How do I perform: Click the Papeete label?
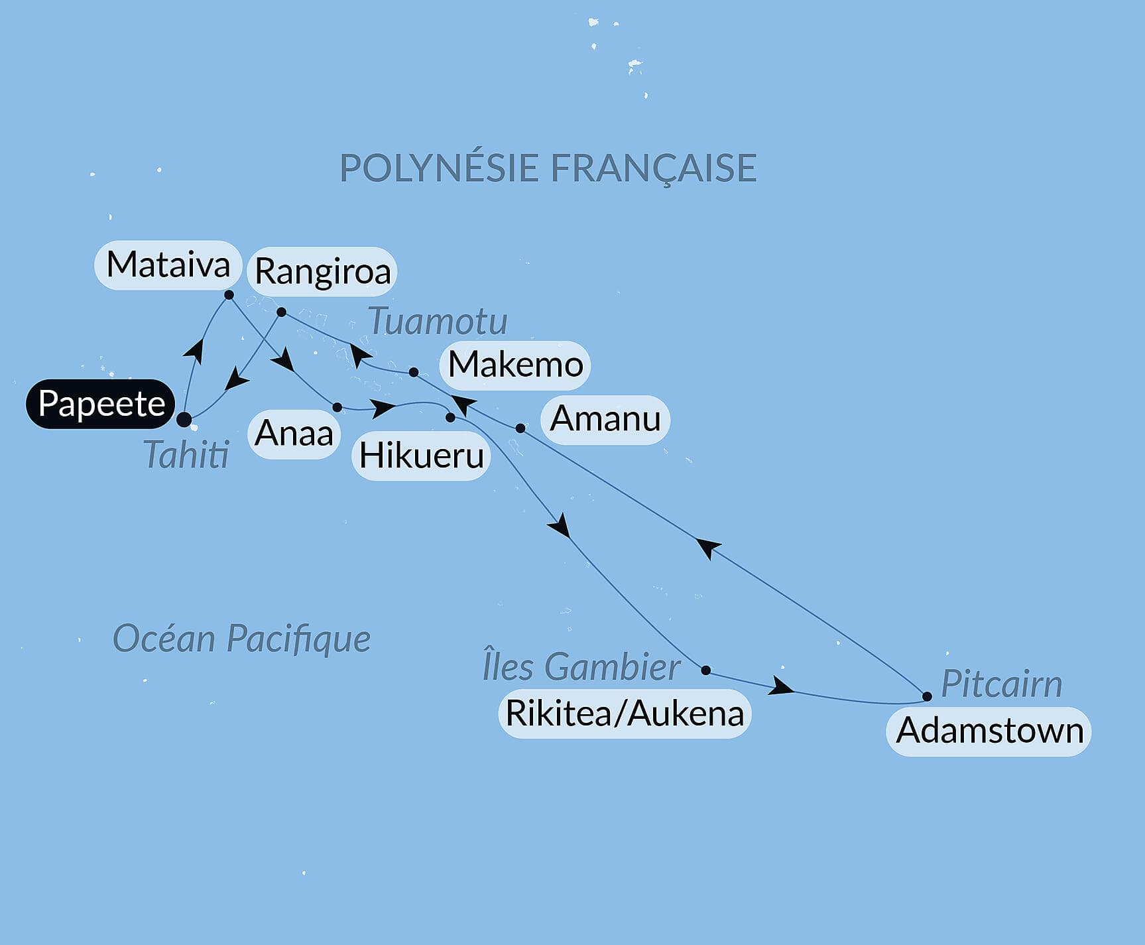[x=101, y=404]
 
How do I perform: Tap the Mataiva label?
[x=168, y=265]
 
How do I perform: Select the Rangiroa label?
[x=322, y=271]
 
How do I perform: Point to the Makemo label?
[x=515, y=365]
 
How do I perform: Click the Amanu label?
[x=605, y=419]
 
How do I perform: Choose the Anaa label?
[x=294, y=434]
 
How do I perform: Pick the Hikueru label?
[x=421, y=456]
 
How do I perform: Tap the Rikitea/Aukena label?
[x=625, y=714]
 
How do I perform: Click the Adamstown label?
[x=989, y=731]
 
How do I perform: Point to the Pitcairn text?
[x=1001, y=684]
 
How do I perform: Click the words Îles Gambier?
[x=581, y=666]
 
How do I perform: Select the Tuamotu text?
[x=438, y=322]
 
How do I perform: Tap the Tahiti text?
[x=186, y=455]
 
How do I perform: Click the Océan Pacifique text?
[x=241, y=639]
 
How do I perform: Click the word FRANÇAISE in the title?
[x=653, y=168]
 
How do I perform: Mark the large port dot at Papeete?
[x=184, y=419]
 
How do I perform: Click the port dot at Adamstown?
[x=927, y=696]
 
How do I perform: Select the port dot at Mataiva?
[x=229, y=294]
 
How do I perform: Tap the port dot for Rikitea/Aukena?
[x=706, y=670]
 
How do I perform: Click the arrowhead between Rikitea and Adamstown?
[x=780, y=687]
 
